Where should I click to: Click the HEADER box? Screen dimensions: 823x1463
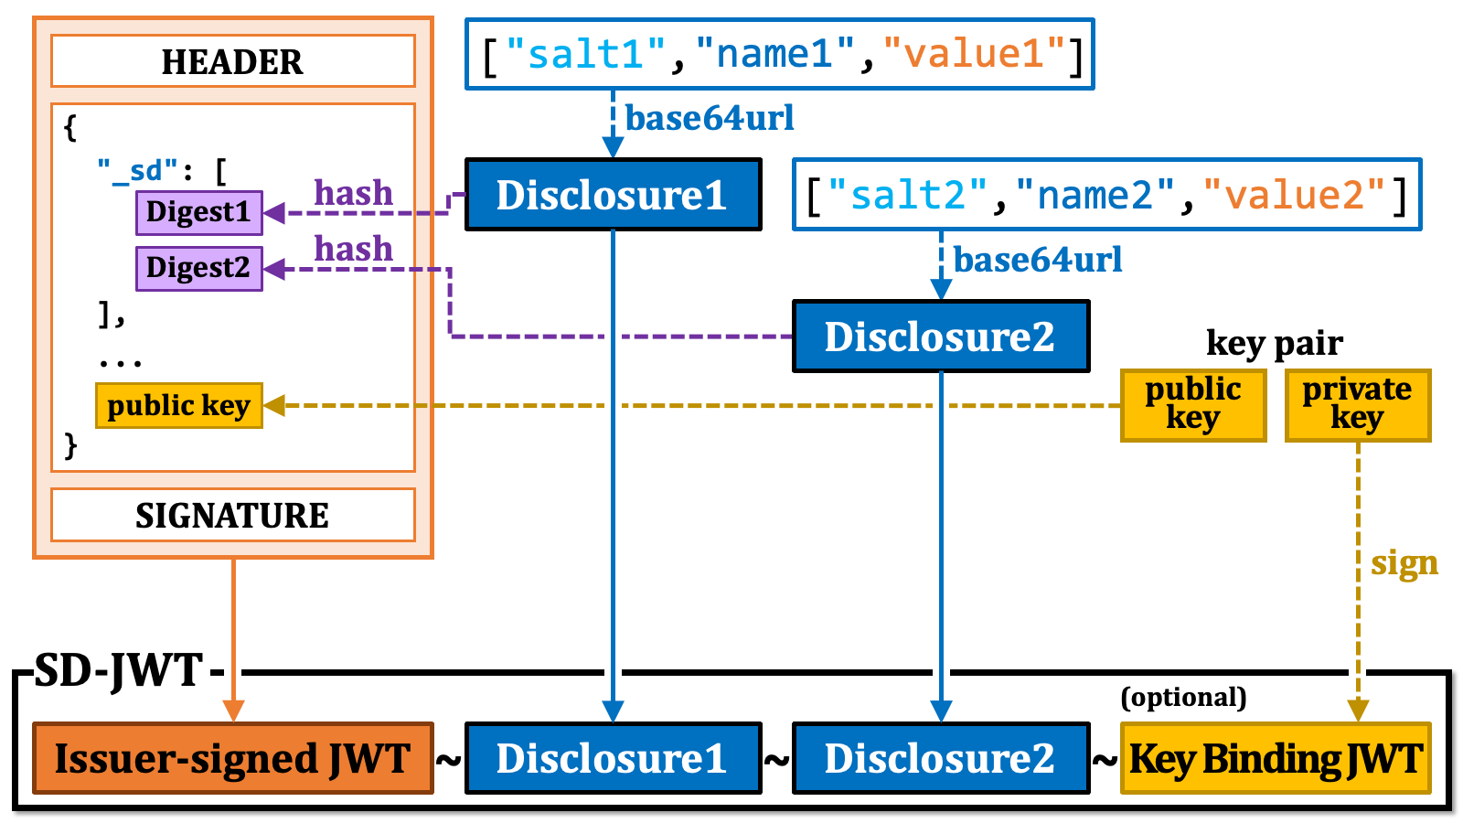coord(233,61)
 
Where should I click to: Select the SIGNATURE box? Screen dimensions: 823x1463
coord(233,515)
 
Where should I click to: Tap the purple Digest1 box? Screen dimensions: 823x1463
coord(198,212)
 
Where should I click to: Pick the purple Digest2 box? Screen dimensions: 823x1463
coord(198,268)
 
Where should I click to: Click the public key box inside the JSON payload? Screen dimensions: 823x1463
coord(178,405)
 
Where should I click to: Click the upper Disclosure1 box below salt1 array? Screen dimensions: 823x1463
coord(613,195)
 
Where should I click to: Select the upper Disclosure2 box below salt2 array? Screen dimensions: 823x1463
coord(940,337)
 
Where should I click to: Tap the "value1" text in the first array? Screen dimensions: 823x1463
coord(976,54)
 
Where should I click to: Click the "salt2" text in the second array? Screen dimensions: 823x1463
coord(908,195)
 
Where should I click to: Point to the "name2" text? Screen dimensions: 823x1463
coord(1095,195)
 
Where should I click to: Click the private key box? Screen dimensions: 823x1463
coord(1357,405)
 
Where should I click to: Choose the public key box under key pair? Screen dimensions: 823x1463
coord(1192,405)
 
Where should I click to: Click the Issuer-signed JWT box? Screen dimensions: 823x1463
coord(233,758)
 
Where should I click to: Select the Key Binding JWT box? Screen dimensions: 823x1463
coord(1276,758)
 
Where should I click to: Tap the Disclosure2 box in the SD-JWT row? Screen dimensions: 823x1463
coord(940,758)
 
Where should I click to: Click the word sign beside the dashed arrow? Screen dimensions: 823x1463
coord(1404,563)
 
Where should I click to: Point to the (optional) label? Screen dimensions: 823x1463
coord(1183,697)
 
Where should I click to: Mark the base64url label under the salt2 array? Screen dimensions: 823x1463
coord(1038,260)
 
